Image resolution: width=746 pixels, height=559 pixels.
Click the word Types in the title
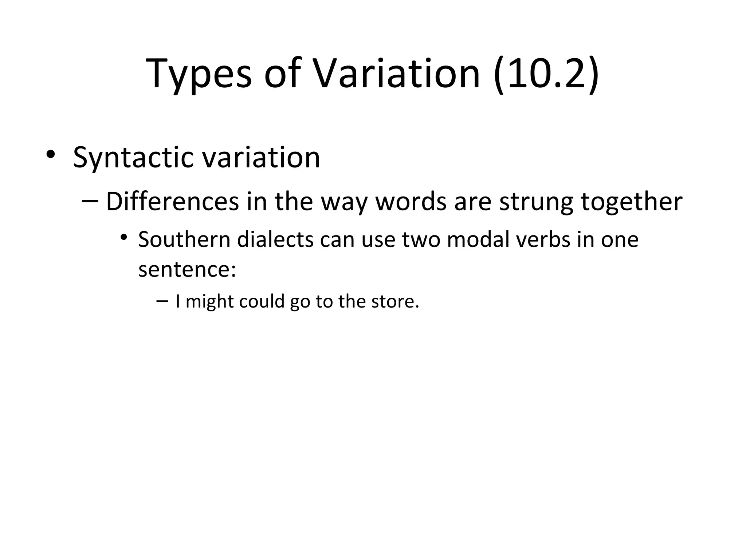click(199, 75)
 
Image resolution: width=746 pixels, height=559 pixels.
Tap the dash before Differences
click(90, 201)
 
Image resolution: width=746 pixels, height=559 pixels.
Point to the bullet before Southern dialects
click(124, 238)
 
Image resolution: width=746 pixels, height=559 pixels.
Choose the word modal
click(472, 240)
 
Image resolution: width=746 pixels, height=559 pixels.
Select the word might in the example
click(210, 302)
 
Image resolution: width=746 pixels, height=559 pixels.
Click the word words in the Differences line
click(411, 202)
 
